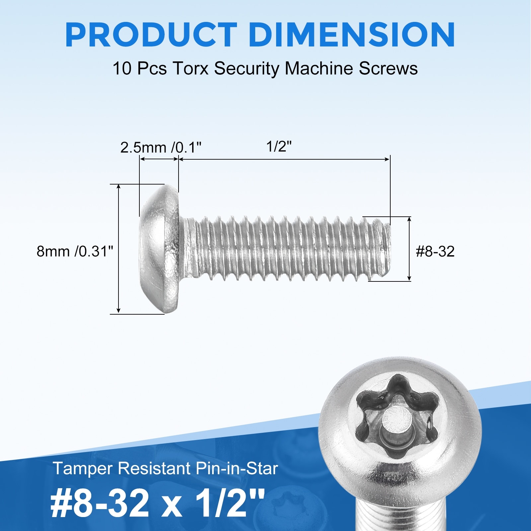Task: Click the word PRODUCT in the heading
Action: point(151,35)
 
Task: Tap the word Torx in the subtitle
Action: point(190,69)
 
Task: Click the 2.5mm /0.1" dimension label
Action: point(161,147)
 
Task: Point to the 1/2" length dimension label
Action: point(279,146)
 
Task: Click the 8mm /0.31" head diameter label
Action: point(75,252)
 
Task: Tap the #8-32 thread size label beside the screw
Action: point(435,252)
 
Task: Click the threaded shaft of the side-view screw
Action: point(285,249)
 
